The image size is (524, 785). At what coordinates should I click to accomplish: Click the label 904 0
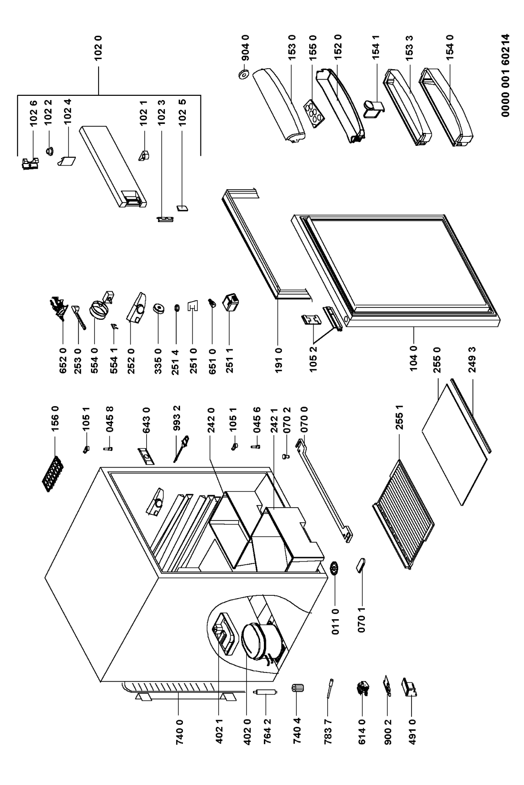(x=246, y=50)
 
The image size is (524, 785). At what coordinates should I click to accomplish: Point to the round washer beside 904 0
(x=245, y=74)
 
